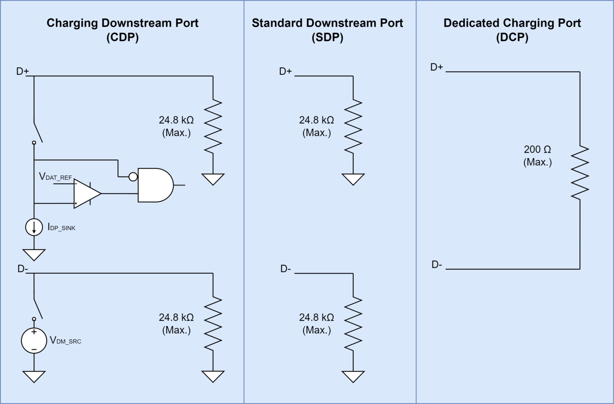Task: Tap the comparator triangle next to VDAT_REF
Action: [x=86, y=193]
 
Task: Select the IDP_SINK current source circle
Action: [x=34, y=227]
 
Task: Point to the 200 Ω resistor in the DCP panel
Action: [x=580, y=173]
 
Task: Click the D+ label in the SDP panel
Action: [x=285, y=72]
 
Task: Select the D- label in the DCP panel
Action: [x=437, y=265]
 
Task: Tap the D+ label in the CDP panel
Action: [x=22, y=72]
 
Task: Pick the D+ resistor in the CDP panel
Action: [x=213, y=126]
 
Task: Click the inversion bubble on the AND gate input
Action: [x=133, y=177]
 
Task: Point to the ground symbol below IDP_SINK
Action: [x=34, y=255]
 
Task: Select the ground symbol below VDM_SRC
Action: [x=34, y=376]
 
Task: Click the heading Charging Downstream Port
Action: [x=122, y=23]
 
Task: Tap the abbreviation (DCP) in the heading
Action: [x=512, y=38]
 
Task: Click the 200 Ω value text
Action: [x=537, y=149]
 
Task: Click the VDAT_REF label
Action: [x=55, y=177]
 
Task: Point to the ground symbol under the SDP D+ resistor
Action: [x=353, y=179]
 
